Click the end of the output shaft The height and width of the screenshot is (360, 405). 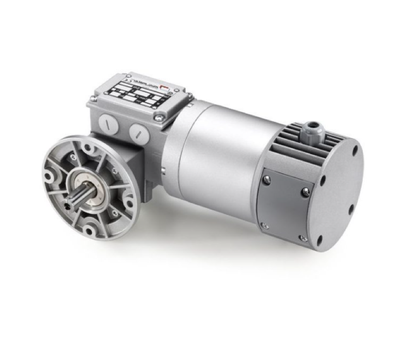72,204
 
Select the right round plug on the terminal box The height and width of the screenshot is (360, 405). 139,132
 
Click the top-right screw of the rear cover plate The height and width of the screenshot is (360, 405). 305,192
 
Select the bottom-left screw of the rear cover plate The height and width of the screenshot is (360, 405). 264,224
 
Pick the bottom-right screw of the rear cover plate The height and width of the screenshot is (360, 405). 302,238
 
